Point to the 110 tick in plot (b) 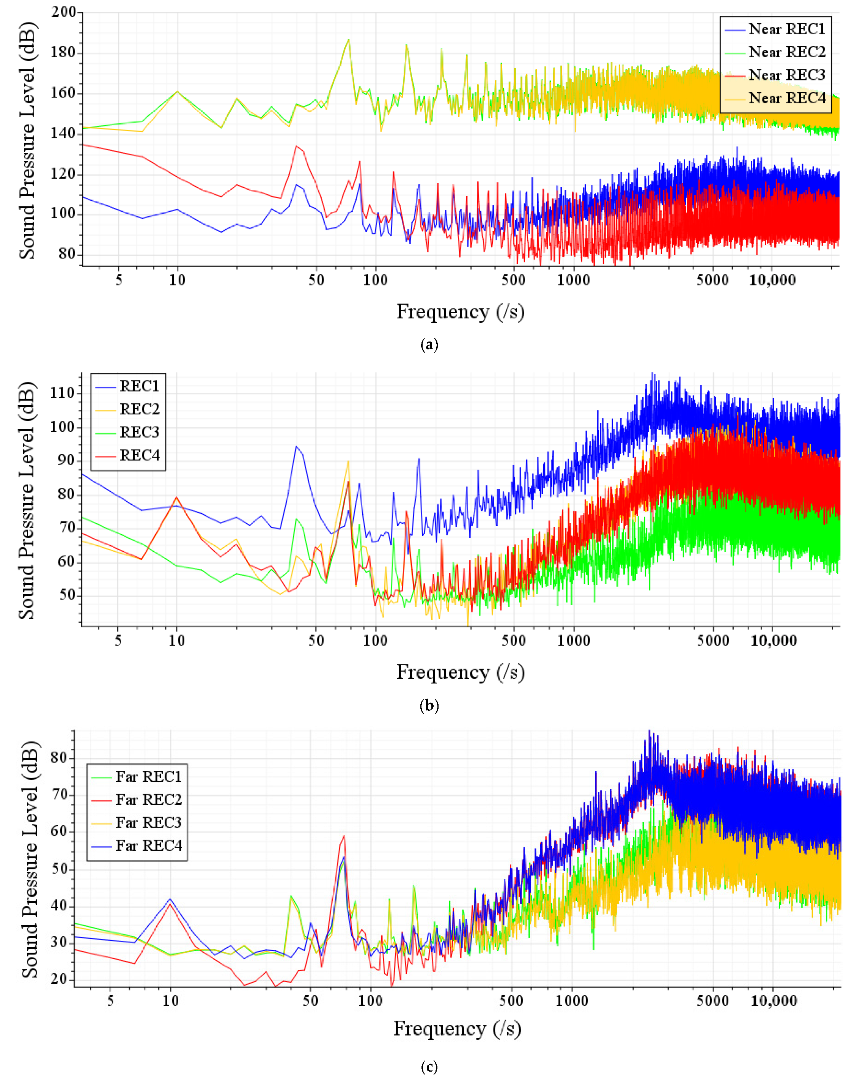[62, 393]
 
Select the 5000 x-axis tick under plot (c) [712, 1001]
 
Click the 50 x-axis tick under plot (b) [316, 641]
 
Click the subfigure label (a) [429, 345]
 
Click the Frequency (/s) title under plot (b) [460, 672]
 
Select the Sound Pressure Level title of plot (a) [28, 140]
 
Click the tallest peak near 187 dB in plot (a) [348, 39]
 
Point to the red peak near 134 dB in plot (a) [297, 146]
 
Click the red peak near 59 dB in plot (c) [344, 836]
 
